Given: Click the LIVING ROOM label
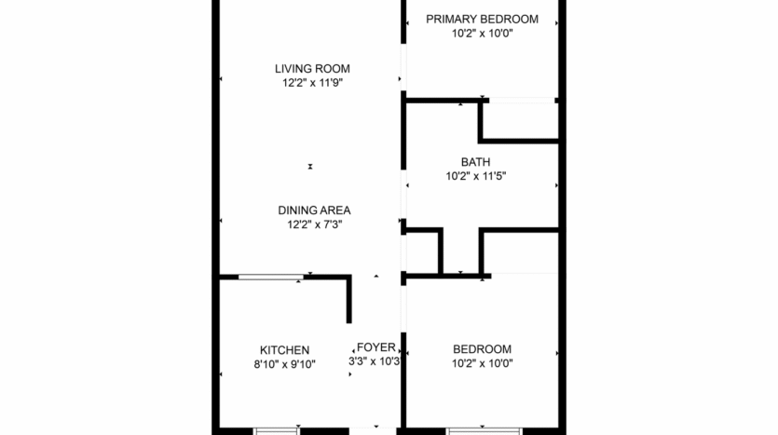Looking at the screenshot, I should (311, 68).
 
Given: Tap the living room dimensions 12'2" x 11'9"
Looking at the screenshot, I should (311, 83).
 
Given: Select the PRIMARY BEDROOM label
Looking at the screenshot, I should (482, 19).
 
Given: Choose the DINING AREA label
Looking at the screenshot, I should (313, 210).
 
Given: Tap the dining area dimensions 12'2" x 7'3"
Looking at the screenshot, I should (313, 224).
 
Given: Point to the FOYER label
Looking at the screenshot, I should (375, 347).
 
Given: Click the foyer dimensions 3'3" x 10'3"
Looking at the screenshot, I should (375, 361).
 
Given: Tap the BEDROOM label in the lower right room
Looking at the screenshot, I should (482, 349).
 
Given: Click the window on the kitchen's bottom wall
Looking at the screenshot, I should (277, 430).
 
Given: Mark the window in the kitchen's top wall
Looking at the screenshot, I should (270, 277).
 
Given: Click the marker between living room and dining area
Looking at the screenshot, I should (310, 167).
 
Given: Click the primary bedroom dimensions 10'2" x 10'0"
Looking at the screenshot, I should (482, 34).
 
